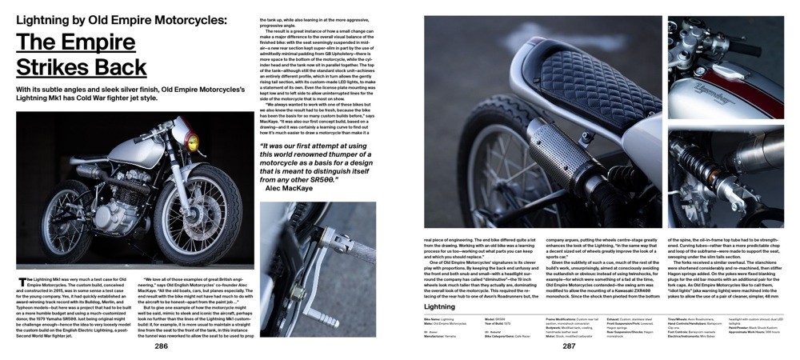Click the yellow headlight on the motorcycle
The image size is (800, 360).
pyautogui.click(x=192, y=145)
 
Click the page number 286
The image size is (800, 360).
pyautogui.click(x=162, y=346)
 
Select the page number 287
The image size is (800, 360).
pyautogui.click(x=568, y=346)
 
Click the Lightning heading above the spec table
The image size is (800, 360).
pyautogui.click(x=439, y=306)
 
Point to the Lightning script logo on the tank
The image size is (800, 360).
pyautogui.click(x=708, y=80)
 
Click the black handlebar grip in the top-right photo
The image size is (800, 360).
pyautogui.click(x=752, y=44)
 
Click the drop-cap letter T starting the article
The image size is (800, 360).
pyautogui.click(x=22, y=282)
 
